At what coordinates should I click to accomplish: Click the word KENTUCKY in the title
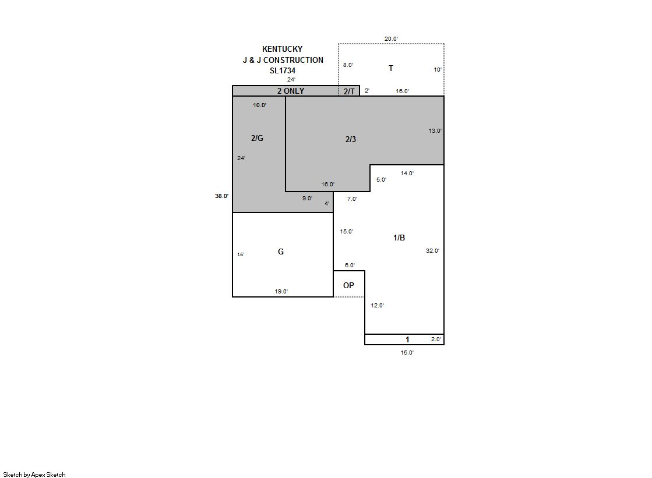[283, 49]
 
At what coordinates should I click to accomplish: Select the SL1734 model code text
[283, 70]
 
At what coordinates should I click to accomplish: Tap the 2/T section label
[349, 91]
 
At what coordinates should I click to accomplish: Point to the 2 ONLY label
[291, 91]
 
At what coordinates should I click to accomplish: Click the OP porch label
[348, 285]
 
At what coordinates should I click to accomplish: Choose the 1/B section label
[399, 238]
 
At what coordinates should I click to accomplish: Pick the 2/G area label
[257, 138]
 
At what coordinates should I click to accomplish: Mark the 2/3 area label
[351, 139]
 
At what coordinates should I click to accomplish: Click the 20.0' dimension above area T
[391, 39]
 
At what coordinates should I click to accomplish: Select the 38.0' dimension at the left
[221, 196]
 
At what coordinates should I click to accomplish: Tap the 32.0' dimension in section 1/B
[432, 250]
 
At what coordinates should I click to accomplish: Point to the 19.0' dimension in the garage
[281, 291]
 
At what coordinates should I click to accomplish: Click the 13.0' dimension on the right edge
[435, 131]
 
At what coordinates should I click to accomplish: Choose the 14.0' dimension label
[407, 174]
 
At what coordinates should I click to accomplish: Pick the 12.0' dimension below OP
[377, 306]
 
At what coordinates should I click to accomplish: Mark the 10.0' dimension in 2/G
[259, 105]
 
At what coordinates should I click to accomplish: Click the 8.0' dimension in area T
[348, 65]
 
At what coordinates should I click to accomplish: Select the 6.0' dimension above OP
[350, 265]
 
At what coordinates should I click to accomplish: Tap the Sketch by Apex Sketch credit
[34, 475]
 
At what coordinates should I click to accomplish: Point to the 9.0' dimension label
[307, 199]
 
